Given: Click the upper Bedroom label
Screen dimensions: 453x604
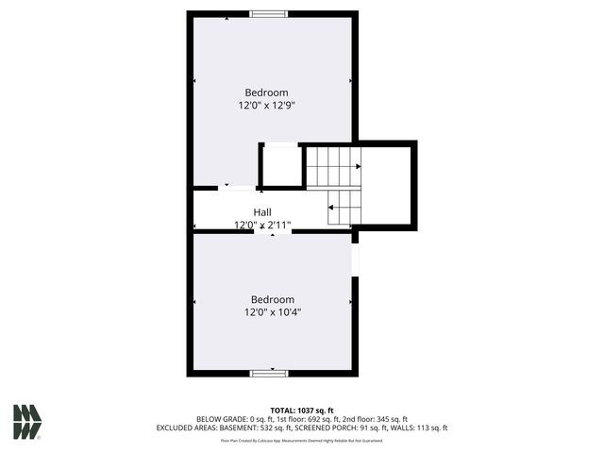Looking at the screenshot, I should pos(266,92).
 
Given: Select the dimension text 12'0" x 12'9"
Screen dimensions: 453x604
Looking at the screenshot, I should pos(266,106).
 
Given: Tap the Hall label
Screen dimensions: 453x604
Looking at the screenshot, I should pos(262,212).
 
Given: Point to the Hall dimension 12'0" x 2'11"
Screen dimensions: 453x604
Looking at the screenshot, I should pos(262,226).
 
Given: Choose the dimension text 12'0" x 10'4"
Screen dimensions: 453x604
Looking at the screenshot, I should pos(273,311).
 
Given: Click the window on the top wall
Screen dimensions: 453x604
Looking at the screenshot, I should pos(269,14).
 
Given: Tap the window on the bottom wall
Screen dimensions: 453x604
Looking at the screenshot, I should pos(269,373).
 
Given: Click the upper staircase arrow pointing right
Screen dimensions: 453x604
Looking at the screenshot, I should pos(358,166).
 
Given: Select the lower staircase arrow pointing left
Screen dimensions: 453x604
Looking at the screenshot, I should pos(331,206).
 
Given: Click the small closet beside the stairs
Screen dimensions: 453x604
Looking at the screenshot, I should pos(281,166).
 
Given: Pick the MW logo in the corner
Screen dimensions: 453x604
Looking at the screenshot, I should pos(26,422).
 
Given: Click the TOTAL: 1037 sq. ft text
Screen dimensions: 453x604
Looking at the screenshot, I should pos(301,411).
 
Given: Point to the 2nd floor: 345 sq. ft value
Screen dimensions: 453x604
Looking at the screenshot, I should pos(375,419).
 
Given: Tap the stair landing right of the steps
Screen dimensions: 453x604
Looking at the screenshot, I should pos(387,185).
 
